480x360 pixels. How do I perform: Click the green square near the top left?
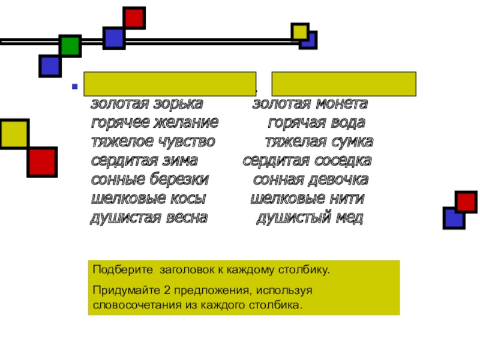(x=70, y=46)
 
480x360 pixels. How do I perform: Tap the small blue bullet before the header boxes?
(x=75, y=86)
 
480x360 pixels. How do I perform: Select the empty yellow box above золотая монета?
(x=344, y=83)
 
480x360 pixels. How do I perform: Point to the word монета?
(x=340, y=104)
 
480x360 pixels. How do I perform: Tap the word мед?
(x=349, y=218)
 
